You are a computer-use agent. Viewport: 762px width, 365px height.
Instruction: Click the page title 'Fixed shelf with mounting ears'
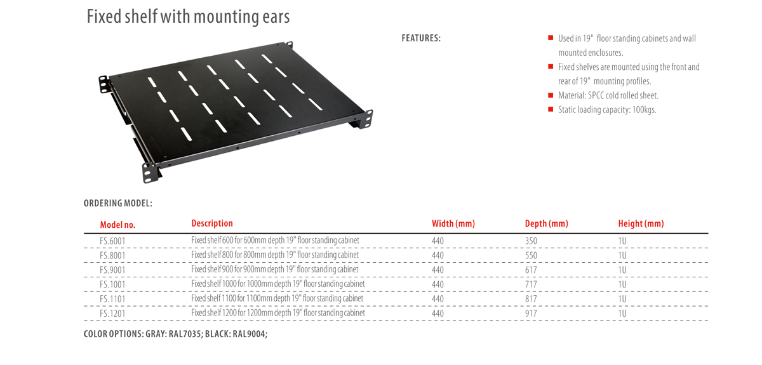[188, 17]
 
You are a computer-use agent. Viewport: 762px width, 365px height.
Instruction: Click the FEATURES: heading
[421, 38]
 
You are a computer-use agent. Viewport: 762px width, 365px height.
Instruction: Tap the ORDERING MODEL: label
[117, 204]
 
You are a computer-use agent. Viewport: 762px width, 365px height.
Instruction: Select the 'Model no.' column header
[117, 225]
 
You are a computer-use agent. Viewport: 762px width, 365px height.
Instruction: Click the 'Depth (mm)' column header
[546, 223]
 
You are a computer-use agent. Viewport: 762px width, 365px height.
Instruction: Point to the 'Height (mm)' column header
[641, 223]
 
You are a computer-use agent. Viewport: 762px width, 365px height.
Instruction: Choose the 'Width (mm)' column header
[453, 223]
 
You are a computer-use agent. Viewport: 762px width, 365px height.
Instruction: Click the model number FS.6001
[112, 241]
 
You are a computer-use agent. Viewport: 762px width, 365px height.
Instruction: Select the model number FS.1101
[112, 299]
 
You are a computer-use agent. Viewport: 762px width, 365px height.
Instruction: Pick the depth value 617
[531, 270]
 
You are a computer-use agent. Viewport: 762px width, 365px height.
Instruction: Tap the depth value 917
[531, 314]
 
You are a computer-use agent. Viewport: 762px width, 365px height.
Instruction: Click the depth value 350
[531, 241]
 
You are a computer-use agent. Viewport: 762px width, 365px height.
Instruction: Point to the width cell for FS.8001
[438, 256]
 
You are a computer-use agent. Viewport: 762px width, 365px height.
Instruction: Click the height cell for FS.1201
[622, 314]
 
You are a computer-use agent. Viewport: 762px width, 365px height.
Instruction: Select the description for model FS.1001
[277, 284]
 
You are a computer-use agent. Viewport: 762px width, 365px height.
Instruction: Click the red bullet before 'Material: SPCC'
[551, 95]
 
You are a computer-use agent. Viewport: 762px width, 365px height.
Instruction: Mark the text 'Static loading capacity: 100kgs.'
[607, 110]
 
